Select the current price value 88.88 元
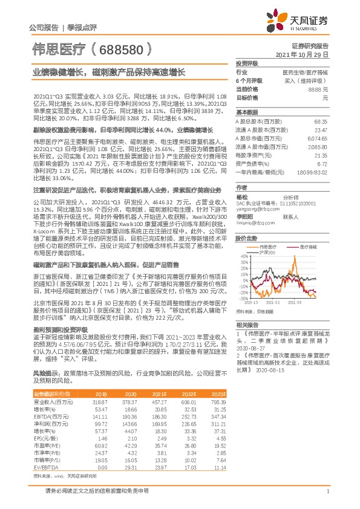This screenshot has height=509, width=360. coord(318,89)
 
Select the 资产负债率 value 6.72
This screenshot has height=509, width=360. coord(322,163)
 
